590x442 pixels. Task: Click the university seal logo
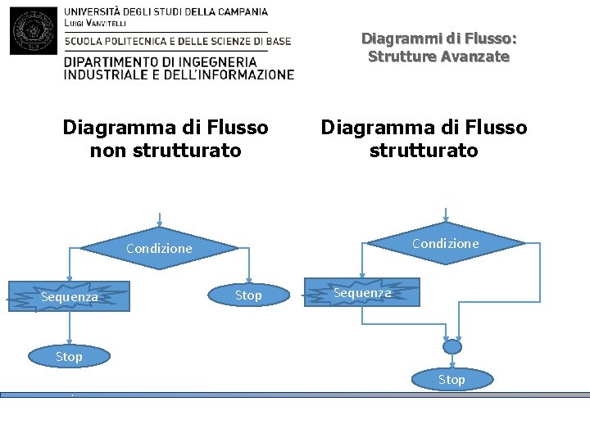[34, 29]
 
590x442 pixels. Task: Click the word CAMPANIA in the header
[239, 12]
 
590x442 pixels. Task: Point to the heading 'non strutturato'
[166, 151]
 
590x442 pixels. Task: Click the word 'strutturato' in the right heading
[424, 151]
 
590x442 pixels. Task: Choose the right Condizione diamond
[446, 243]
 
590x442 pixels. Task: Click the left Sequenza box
[70, 296]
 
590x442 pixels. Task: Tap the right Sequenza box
[362, 292]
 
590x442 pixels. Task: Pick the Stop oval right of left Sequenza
[248, 295]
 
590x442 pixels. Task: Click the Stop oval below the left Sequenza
[69, 356]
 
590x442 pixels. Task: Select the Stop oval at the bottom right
[452, 379]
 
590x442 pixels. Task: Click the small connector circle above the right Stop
[452, 347]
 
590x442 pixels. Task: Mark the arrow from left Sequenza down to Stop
[70, 329]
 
